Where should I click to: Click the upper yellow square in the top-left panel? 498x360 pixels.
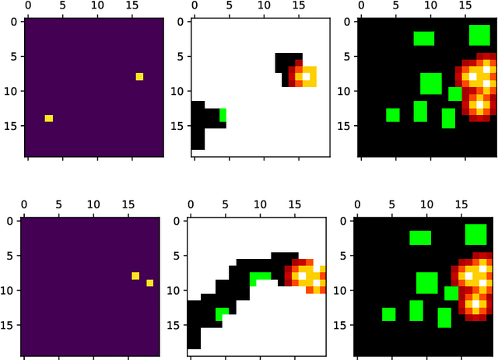click(139, 76)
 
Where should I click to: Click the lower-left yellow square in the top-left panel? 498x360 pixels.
click(48, 118)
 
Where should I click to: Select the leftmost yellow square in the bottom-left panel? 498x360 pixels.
click(135, 276)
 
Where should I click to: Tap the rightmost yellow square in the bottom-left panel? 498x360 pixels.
click(149, 283)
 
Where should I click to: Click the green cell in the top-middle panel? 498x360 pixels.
click(223, 115)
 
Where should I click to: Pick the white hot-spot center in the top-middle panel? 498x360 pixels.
click(307, 76)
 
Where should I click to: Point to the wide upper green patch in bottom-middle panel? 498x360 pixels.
click(261, 275)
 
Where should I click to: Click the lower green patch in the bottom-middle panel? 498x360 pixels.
click(223, 313)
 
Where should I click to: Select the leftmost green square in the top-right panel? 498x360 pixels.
click(392, 115)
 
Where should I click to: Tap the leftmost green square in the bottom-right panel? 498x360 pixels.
click(389, 314)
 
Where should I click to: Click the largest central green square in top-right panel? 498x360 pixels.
click(430, 83)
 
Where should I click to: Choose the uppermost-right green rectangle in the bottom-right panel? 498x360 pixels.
click(475, 234)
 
